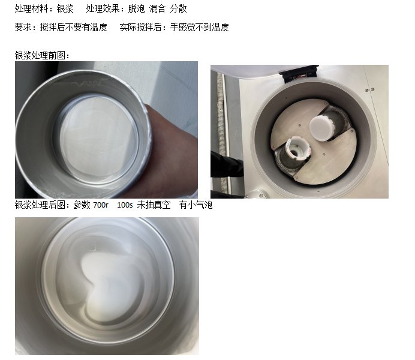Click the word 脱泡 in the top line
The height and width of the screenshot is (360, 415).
click(x=136, y=8)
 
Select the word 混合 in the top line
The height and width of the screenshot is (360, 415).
click(x=157, y=8)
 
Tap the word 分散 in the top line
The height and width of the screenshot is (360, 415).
click(x=178, y=8)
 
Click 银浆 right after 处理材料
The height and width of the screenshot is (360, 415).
click(x=65, y=8)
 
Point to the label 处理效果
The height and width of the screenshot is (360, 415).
click(x=103, y=8)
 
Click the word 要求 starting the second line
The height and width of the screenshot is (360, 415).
click(x=23, y=27)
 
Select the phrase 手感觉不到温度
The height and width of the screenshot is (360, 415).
click(x=199, y=27)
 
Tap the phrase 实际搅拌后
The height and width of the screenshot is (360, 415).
click(x=140, y=27)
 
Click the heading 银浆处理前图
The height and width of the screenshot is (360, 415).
click(x=40, y=55)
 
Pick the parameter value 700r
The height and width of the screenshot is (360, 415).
click(x=101, y=205)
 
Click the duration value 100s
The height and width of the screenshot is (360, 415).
click(x=125, y=205)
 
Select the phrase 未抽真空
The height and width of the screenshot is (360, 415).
click(x=154, y=205)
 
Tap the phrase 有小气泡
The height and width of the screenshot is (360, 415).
click(x=196, y=205)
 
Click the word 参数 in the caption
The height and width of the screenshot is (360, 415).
click(x=82, y=205)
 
